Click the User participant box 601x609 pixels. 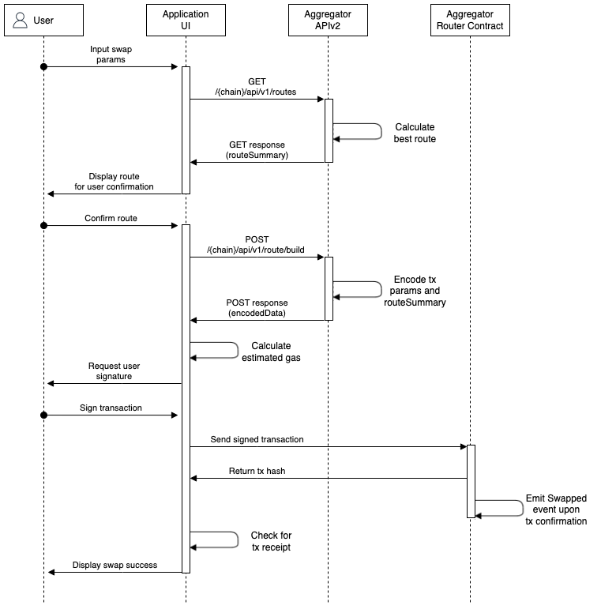44,21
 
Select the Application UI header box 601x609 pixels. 186,21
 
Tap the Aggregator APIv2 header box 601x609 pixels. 328,21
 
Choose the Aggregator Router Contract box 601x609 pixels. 470,21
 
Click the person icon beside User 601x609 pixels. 21,21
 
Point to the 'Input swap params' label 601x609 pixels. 111,55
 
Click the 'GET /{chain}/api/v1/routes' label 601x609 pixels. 256,87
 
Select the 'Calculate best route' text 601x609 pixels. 415,133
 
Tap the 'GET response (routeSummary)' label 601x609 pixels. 257,150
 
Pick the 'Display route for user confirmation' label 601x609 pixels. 115,182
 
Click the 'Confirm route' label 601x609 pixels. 111,218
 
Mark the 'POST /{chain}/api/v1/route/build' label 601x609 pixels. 256,245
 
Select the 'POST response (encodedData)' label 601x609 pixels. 257,308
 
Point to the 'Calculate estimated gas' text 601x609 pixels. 271,351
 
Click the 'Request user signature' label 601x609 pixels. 115,371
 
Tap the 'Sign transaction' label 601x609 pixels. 111,408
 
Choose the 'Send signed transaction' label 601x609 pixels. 257,439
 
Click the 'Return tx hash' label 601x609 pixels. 257,471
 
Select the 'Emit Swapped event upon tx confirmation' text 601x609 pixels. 556,509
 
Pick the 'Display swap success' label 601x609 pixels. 115,565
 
